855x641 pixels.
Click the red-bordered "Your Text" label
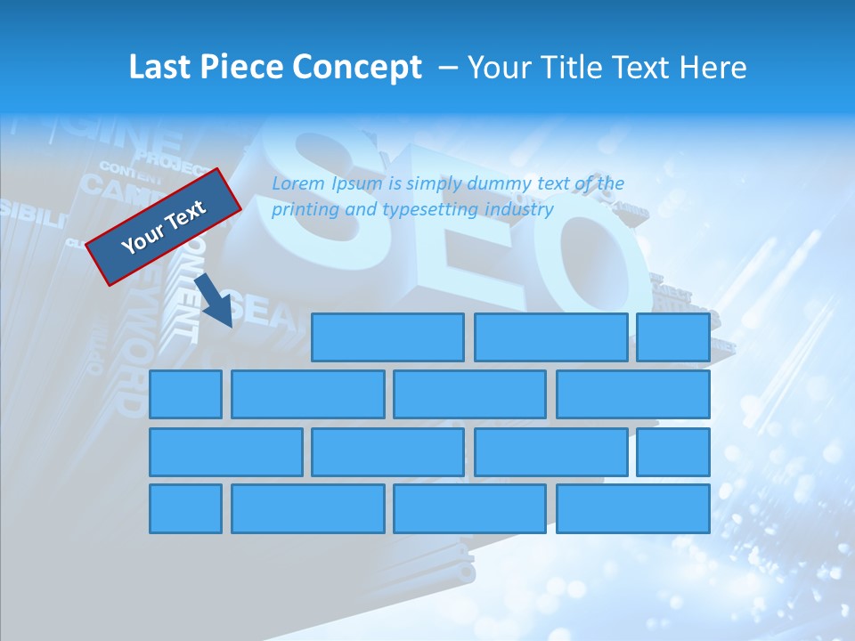click(x=164, y=226)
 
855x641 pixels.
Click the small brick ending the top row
click(x=672, y=337)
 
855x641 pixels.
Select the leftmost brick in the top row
click(x=387, y=337)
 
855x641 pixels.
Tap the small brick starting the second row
click(x=185, y=394)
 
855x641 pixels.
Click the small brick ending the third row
click(x=672, y=452)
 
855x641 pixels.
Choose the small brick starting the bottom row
click(x=185, y=509)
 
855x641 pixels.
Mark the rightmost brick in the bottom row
click(x=633, y=509)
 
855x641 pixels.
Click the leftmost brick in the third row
click(x=225, y=452)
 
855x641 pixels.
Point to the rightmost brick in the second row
click(x=633, y=394)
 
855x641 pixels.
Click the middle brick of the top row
click(x=550, y=337)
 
